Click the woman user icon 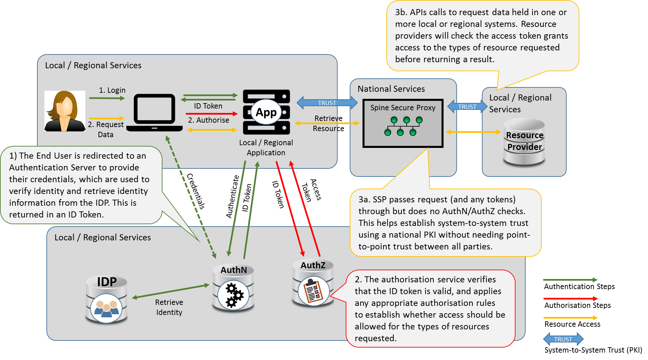[65, 111]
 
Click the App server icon [266, 112]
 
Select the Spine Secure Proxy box [403, 123]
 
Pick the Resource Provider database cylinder [524, 142]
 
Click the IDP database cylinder [107, 299]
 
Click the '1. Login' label [112, 90]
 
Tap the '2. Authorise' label [208, 120]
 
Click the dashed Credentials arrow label [196, 191]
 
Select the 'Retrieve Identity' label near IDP [169, 307]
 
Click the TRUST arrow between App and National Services [327, 103]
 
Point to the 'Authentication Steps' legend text [579, 286]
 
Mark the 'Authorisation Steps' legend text [577, 305]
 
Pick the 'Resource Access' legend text [572, 324]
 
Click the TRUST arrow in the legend [563, 339]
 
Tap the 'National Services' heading [391, 89]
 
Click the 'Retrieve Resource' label [329, 123]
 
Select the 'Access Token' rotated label [311, 190]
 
